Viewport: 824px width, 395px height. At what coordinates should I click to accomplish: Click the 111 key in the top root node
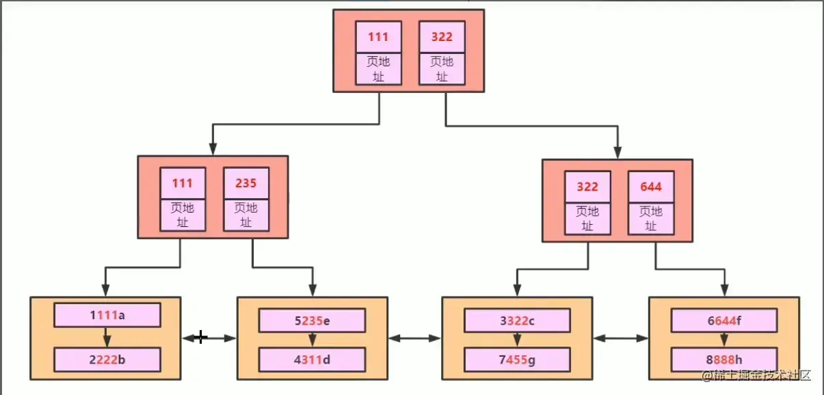point(377,37)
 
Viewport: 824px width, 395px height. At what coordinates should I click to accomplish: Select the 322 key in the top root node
point(441,37)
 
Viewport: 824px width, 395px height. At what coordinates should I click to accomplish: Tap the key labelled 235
point(246,183)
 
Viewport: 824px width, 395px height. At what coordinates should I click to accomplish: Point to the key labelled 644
point(651,187)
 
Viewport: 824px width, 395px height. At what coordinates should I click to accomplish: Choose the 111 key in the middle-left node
point(183,183)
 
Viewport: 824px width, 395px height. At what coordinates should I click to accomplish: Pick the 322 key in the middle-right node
point(587,187)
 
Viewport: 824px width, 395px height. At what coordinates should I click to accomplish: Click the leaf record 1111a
point(107,316)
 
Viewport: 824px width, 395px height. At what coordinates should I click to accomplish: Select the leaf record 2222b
point(107,359)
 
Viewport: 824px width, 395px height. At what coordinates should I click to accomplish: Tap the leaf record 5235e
point(312,321)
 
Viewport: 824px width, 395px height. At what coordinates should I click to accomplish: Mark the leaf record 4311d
point(312,359)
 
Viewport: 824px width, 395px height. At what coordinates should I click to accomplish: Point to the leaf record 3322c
point(517,321)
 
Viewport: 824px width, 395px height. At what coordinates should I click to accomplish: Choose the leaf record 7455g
point(517,359)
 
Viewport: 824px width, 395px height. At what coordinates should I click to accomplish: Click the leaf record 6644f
point(723,321)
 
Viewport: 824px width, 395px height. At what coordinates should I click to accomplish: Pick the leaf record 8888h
point(723,359)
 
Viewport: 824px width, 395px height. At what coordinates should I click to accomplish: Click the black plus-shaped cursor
point(200,337)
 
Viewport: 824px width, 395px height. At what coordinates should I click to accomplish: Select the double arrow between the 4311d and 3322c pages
point(414,338)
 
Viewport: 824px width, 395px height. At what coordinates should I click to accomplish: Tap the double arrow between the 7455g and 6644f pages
point(620,338)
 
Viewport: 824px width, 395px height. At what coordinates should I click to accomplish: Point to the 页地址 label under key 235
point(246,215)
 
